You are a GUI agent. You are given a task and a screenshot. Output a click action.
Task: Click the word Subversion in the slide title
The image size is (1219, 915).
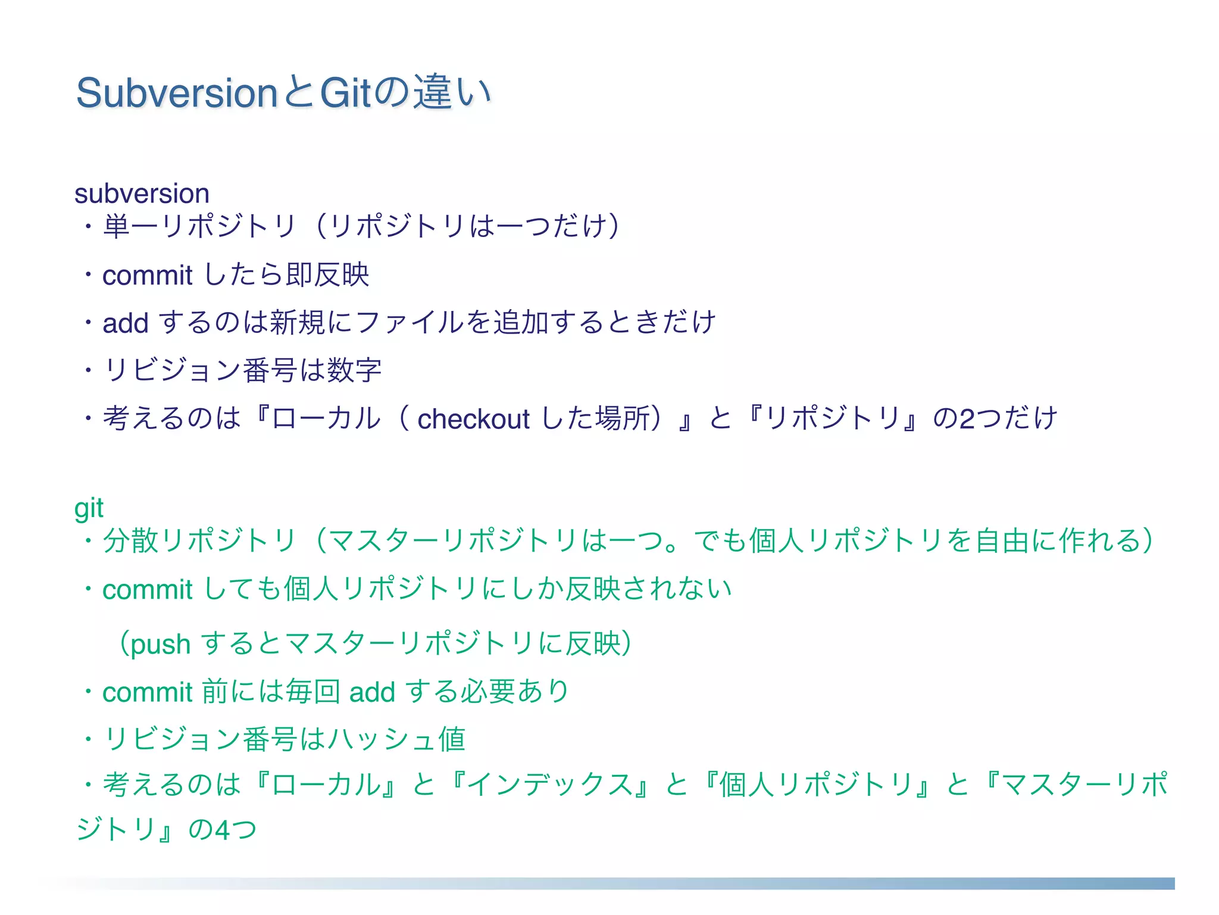(x=177, y=94)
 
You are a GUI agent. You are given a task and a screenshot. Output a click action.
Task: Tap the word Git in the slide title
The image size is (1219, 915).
(x=346, y=94)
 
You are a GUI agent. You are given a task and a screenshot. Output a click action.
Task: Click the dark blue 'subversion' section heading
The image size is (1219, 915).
(x=142, y=194)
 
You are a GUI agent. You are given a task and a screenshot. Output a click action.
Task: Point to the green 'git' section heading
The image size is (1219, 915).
(x=89, y=508)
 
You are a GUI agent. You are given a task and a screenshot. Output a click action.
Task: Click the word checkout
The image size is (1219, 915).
(x=473, y=419)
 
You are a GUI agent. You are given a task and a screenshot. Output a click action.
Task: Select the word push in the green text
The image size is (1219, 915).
(x=160, y=645)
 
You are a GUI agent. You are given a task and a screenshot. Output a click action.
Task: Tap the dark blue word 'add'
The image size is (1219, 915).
(x=125, y=323)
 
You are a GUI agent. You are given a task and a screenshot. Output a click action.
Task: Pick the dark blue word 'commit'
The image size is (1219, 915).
(x=147, y=276)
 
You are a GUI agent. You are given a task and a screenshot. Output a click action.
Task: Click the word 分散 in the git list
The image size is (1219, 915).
(x=131, y=541)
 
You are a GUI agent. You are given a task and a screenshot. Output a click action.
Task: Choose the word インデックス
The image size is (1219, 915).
(x=551, y=785)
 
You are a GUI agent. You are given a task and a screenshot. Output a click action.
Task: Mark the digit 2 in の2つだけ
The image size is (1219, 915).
(x=967, y=419)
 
